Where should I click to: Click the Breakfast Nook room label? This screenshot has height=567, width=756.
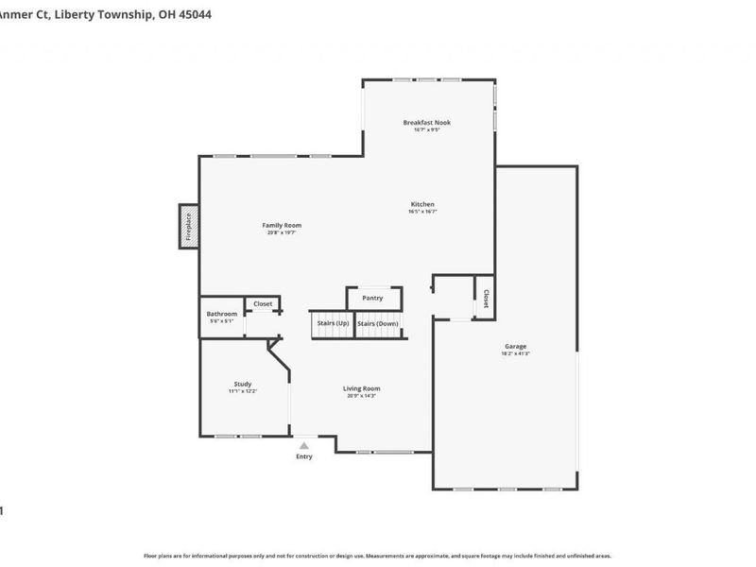[426, 122]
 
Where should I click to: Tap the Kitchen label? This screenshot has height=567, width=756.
[422, 205]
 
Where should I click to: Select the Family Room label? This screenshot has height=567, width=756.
[282, 225]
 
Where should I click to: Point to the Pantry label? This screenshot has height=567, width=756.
[372, 299]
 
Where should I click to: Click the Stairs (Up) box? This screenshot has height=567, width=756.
[331, 324]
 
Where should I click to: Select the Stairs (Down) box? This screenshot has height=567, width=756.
[378, 324]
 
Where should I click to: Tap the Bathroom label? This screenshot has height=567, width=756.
[222, 314]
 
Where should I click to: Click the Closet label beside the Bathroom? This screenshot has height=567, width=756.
[263, 304]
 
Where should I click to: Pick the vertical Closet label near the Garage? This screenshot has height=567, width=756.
[486, 299]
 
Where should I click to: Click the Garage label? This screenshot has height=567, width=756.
[515, 347]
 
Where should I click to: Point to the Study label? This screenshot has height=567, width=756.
[243, 384]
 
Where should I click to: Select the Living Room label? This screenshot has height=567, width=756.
[361, 388]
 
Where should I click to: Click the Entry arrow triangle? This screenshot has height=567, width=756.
[303, 444]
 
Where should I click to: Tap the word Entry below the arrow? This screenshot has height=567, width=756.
[303, 456]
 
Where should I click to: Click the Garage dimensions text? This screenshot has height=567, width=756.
[515, 354]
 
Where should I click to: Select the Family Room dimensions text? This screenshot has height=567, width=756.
[282, 232]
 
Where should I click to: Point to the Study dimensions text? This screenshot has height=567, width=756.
[243, 391]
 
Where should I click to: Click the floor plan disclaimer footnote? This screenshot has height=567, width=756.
[377, 556]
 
